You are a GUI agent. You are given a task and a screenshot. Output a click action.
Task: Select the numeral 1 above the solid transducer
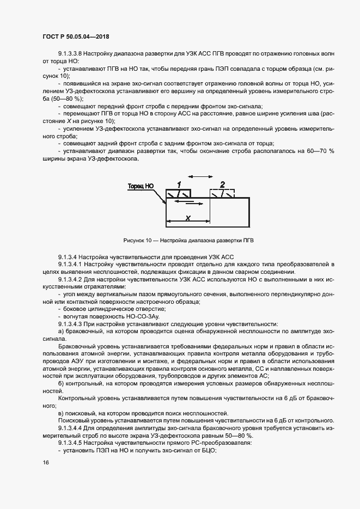click(x=179, y=184)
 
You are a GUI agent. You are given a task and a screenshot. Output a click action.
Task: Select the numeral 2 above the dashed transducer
click(x=222, y=184)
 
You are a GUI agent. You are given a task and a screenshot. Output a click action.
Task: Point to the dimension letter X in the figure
click(x=187, y=217)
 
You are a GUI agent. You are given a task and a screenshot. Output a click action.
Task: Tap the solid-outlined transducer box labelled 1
click(x=179, y=194)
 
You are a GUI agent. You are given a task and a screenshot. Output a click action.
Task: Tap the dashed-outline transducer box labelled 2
click(x=222, y=194)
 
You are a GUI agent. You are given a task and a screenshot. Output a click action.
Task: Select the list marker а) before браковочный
click(x=61, y=332)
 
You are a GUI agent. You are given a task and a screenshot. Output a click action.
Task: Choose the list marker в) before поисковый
click(x=61, y=414)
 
